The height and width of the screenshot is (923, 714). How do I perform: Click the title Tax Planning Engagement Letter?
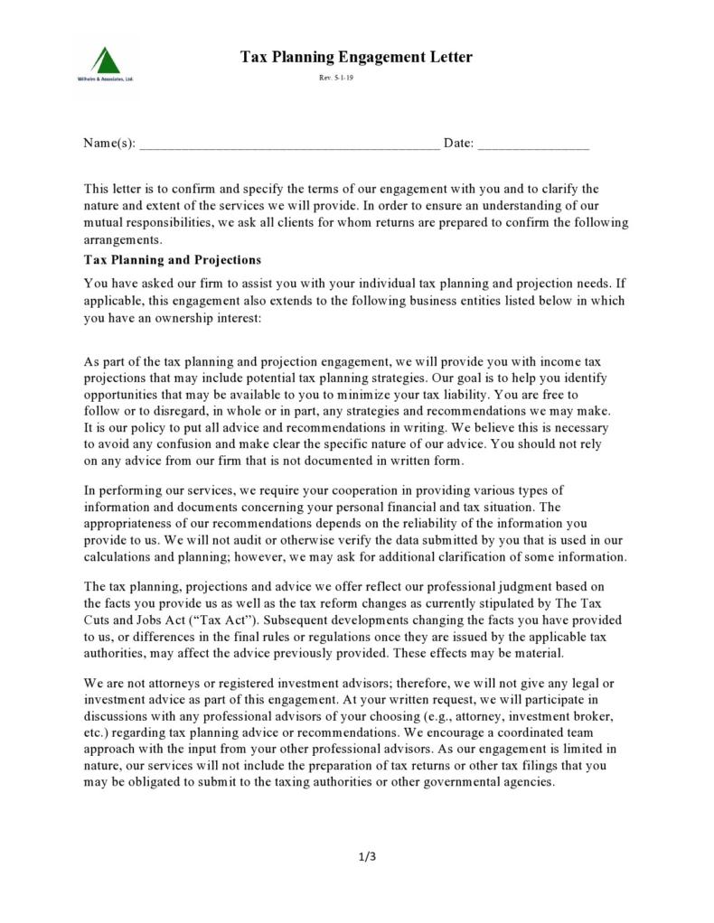[x=356, y=58]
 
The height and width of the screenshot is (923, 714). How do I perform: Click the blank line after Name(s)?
[x=289, y=145]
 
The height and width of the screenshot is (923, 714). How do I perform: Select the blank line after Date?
[x=533, y=145]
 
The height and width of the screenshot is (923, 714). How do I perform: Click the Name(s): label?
[x=109, y=144]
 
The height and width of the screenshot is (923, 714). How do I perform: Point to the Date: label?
[x=458, y=144]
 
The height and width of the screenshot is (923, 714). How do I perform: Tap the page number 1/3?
[x=367, y=856]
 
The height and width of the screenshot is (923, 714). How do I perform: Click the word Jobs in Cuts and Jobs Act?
[x=162, y=620]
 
